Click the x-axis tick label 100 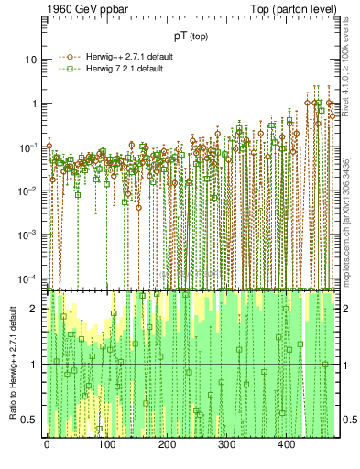pos(106,446)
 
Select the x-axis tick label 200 pos(167,446)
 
